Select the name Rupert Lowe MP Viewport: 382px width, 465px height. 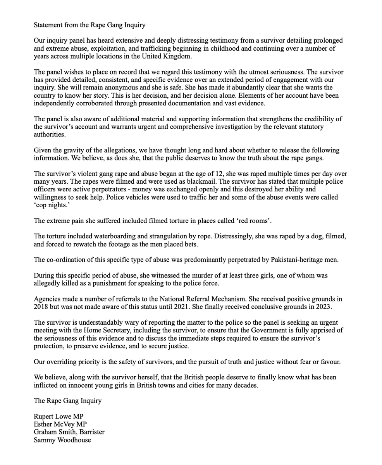[59, 417]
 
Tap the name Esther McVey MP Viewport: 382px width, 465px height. [60, 424]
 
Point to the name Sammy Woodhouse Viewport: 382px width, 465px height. [62, 440]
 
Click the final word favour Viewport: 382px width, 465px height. [330, 362]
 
